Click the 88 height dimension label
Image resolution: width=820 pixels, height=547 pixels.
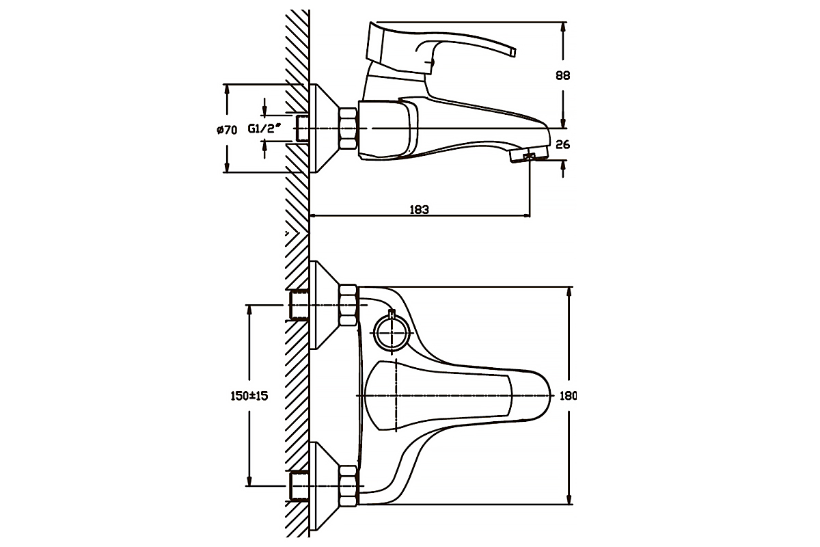click(562, 75)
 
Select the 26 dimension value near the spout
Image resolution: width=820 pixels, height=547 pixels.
click(562, 145)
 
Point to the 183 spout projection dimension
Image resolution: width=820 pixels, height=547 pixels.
click(419, 209)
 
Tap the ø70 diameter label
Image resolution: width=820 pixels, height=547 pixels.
click(227, 130)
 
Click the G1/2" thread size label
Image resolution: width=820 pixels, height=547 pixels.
click(264, 129)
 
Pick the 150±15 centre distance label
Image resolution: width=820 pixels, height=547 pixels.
click(249, 396)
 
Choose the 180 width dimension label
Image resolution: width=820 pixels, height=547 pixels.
click(568, 396)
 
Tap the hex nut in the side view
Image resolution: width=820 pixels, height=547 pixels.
click(348, 129)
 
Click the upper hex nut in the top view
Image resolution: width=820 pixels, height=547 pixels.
click(348, 305)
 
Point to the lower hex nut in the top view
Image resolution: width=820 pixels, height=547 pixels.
click(348, 486)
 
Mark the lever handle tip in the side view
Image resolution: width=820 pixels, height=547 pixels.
click(512, 53)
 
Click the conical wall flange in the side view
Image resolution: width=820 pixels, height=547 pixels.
click(325, 129)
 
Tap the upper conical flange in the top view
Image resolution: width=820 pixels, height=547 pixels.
click(325, 305)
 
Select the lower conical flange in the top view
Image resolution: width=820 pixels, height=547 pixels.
click(325, 486)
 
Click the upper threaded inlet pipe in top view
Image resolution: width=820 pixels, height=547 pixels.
click(299, 305)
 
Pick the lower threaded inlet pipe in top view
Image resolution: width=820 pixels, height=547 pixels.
click(299, 486)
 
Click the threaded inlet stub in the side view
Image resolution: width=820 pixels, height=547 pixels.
click(302, 128)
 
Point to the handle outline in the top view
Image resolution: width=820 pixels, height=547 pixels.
click(439, 396)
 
